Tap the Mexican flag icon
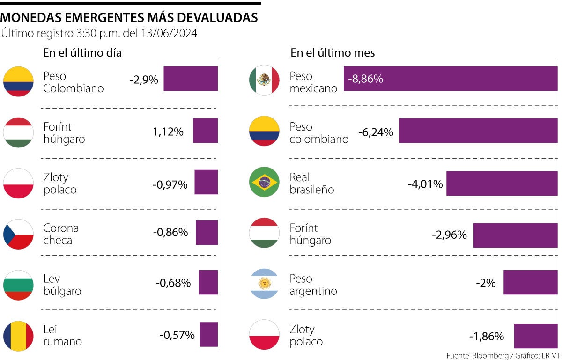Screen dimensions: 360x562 [x=264, y=81]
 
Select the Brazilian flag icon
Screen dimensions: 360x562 [x=264, y=182]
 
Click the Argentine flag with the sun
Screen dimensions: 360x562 [x=264, y=283]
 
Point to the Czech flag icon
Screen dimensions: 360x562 [x=18, y=234]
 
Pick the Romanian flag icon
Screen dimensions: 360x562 [x=18, y=335]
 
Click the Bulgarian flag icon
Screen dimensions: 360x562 [x=18, y=285]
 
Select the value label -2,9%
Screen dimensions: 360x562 [x=144, y=80]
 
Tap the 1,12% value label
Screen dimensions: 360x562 [x=168, y=132]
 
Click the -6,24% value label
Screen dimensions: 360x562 [x=376, y=132]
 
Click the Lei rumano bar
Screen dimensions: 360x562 [x=208, y=334]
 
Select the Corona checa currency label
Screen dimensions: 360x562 [x=61, y=234]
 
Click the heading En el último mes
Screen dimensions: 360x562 [x=333, y=53]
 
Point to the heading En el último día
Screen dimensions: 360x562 [x=82, y=53]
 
